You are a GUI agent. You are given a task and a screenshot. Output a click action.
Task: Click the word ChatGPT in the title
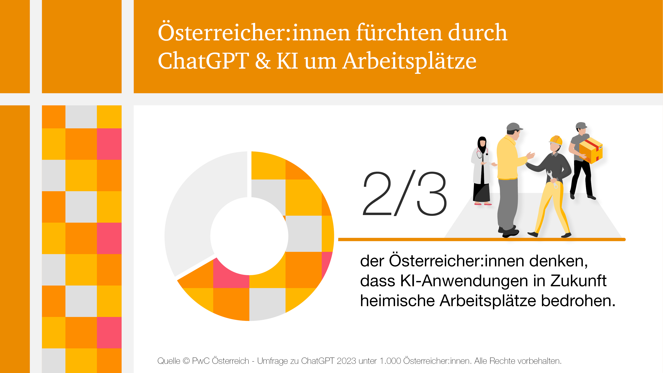tap(203, 61)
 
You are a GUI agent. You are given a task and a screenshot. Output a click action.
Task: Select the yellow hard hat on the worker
tap(556, 140)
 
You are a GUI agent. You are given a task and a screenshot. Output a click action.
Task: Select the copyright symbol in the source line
tap(186, 361)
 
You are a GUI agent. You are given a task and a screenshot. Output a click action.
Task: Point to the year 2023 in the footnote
tap(346, 361)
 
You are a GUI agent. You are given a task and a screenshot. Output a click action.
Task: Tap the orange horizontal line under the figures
tap(481, 240)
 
